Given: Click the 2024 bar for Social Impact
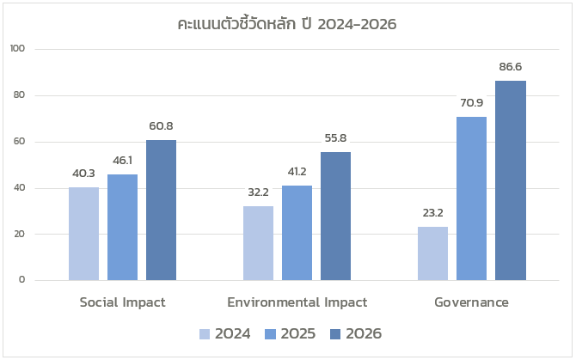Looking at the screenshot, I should tap(83, 234).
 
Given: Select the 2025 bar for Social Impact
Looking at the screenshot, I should tap(122, 227).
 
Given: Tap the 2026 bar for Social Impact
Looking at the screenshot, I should tap(161, 210).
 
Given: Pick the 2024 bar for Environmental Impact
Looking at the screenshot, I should tap(258, 243).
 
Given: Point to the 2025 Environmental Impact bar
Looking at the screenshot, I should tap(297, 233).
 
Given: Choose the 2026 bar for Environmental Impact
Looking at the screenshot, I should tap(335, 216).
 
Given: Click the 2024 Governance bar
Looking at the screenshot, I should tap(432, 253).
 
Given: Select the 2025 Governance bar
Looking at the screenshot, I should tap(471, 198).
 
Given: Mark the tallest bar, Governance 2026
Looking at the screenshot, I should tap(510, 180).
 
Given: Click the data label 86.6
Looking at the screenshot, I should tap(510, 66).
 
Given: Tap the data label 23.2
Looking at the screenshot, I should tap(432, 213).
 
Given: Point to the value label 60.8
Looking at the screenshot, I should tap(161, 126).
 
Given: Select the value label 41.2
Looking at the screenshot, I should tap(297, 171).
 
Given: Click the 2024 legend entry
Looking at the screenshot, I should tap(225, 334).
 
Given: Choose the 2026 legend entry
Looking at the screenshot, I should tap(354, 334).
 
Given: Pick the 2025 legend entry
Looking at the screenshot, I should tap(290, 334).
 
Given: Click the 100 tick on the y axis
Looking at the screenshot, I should tap(18, 49).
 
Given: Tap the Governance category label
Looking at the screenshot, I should tap(471, 302).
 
